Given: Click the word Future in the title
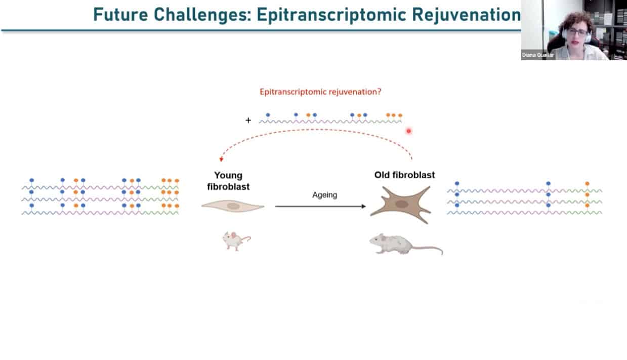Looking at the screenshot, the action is pyautogui.click(x=120, y=15).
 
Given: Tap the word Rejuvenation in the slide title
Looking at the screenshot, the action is pyautogui.click(x=466, y=15).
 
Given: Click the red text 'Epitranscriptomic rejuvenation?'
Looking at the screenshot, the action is pyautogui.click(x=320, y=92).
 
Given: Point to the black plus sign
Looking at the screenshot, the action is pyautogui.click(x=248, y=120).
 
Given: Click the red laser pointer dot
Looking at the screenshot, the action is pyautogui.click(x=409, y=131).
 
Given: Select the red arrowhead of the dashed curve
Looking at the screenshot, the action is pyautogui.click(x=221, y=159).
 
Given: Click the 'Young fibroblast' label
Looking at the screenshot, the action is pyautogui.click(x=228, y=181).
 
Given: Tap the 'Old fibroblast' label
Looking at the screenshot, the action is pyautogui.click(x=404, y=175).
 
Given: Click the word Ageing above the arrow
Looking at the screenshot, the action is pyautogui.click(x=325, y=195).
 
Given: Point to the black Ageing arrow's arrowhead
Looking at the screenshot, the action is pyautogui.click(x=364, y=207).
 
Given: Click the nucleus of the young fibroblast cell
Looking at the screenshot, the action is pyautogui.click(x=233, y=206).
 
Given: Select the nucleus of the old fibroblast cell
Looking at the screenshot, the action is pyautogui.click(x=401, y=204).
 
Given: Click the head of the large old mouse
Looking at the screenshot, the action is pyautogui.click(x=377, y=241).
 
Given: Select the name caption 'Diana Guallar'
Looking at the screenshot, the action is pyautogui.click(x=538, y=55).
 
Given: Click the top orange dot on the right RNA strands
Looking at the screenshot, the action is pyautogui.click(x=587, y=183).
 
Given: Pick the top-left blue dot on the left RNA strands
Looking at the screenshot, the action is pyautogui.click(x=32, y=180).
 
